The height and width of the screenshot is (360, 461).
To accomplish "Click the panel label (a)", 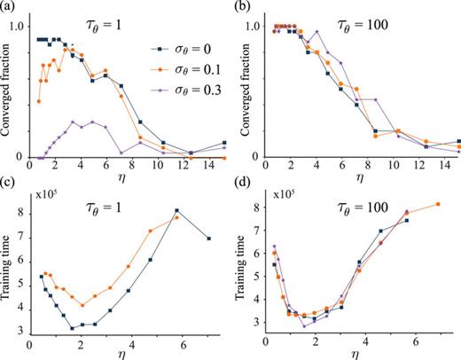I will click(x=10, y=8).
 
